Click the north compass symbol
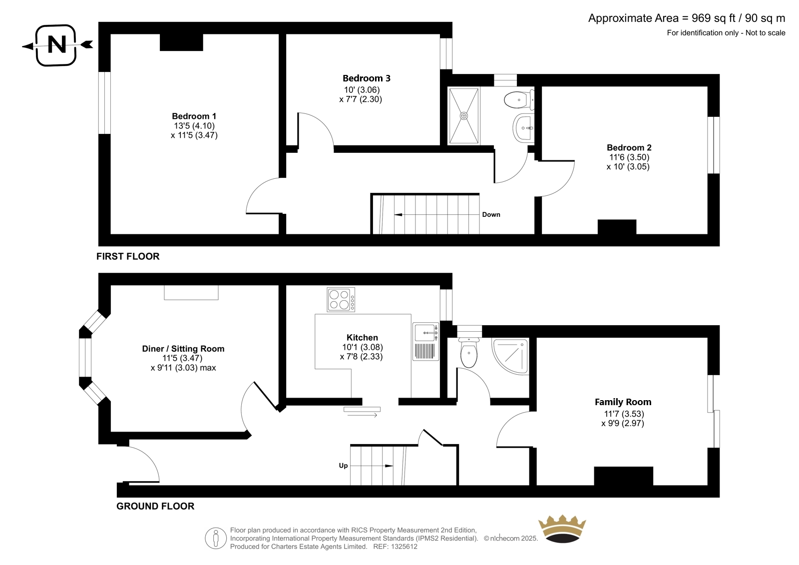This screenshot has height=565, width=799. pyautogui.click(x=56, y=45)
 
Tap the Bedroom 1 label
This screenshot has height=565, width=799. pyautogui.click(x=194, y=116)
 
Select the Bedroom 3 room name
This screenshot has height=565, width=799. pyautogui.click(x=367, y=78)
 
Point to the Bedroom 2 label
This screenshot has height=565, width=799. pyautogui.click(x=629, y=147)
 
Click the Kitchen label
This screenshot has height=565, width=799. pyautogui.click(x=362, y=337)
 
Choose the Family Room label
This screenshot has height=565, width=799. pyautogui.click(x=623, y=402)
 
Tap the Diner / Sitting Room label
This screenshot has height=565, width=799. pyautogui.click(x=183, y=349)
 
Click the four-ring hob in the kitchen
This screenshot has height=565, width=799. pyautogui.click(x=341, y=299)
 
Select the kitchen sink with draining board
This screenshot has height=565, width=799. pyautogui.click(x=426, y=342)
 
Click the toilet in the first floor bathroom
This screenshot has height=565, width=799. pyautogui.click(x=519, y=99)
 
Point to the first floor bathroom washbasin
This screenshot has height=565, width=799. pyautogui.click(x=524, y=128)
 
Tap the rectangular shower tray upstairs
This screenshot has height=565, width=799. pyautogui.click(x=464, y=116)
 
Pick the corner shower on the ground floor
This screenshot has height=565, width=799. pyautogui.click(x=510, y=356)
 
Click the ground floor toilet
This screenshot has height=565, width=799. pyautogui.click(x=469, y=352)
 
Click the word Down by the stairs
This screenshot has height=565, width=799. pyautogui.click(x=491, y=214)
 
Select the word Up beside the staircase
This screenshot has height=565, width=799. pyautogui.click(x=343, y=466)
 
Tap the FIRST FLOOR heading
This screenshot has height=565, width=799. pyautogui.click(x=128, y=256)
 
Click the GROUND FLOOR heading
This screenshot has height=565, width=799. pyautogui.click(x=155, y=506)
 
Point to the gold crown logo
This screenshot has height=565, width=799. pyautogui.click(x=562, y=529)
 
